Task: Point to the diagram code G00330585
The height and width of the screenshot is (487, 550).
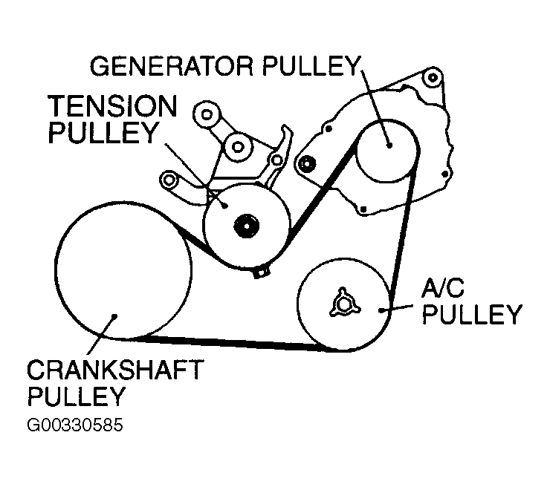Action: pyautogui.click(x=74, y=427)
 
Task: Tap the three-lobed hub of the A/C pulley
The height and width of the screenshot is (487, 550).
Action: pyautogui.click(x=343, y=303)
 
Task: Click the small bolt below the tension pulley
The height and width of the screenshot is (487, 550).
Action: pyautogui.click(x=259, y=273)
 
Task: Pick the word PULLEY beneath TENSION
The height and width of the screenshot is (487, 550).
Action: pyautogui.click(x=103, y=134)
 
